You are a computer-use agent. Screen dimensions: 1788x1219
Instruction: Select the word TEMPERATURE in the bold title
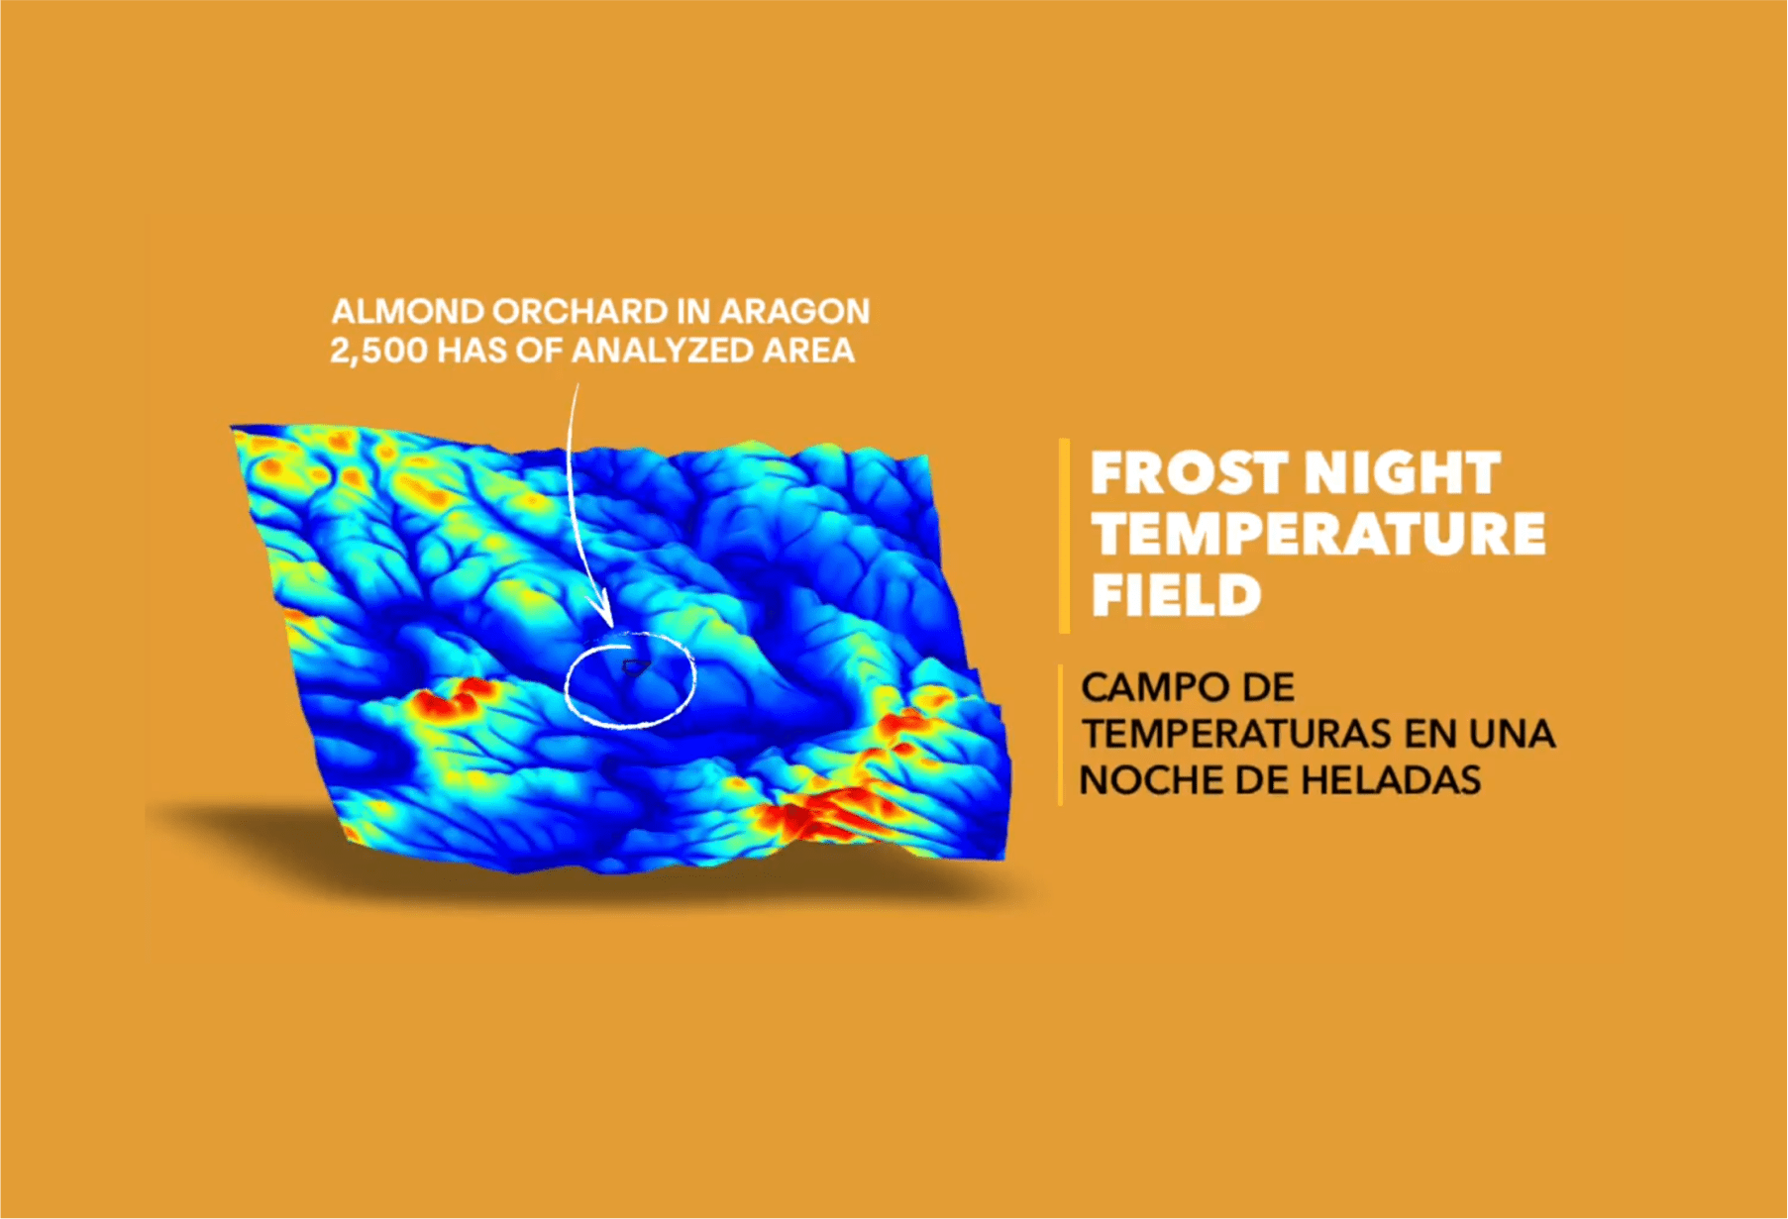click(x=1318, y=534)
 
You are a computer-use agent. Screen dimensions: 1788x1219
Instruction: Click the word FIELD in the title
click(x=1176, y=595)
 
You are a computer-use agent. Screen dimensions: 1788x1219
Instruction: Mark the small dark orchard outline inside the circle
click(x=635, y=667)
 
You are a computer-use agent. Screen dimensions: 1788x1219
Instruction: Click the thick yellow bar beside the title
click(x=1065, y=536)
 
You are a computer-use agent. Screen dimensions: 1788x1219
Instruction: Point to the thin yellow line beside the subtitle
click(x=1060, y=735)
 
